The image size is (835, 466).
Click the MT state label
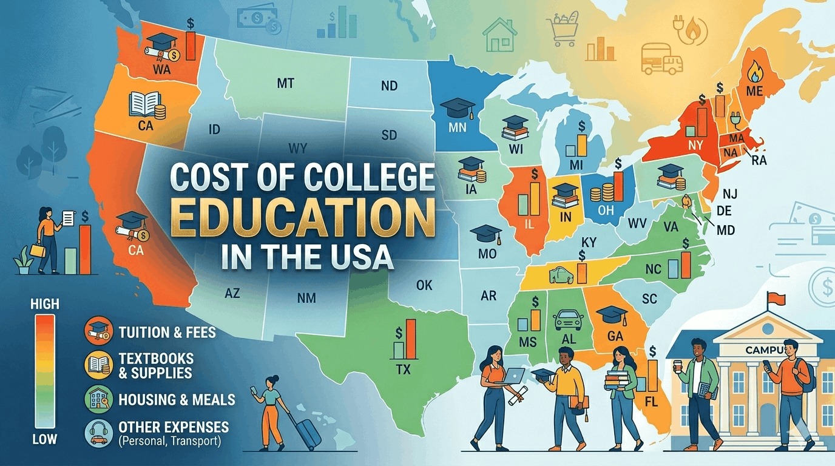(x=285, y=83)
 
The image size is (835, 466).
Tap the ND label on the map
(x=389, y=86)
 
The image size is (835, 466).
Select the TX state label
(x=402, y=369)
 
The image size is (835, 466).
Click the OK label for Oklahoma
(x=424, y=284)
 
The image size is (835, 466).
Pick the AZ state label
(x=232, y=294)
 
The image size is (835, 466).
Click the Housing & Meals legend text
(x=177, y=399)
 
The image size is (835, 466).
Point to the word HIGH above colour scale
(x=44, y=303)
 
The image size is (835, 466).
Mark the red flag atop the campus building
(x=776, y=299)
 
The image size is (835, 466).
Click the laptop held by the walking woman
(x=513, y=376)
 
